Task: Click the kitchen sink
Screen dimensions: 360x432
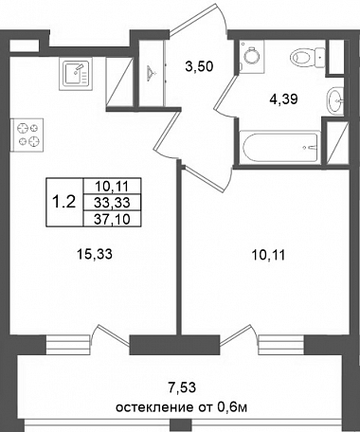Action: click(76, 74)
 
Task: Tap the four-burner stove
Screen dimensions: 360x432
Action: click(27, 135)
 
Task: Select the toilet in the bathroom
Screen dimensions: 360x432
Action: click(308, 58)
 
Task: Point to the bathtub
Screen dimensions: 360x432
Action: click(280, 148)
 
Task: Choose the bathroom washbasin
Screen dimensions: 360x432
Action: click(334, 100)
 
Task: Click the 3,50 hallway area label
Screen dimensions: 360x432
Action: click(199, 66)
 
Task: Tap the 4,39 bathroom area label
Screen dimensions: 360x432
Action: click(283, 99)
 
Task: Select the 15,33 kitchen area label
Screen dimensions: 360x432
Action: click(95, 254)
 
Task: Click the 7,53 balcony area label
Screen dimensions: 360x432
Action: click(182, 387)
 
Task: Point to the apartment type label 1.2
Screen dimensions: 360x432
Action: click(64, 202)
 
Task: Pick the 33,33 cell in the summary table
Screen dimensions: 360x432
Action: click(112, 203)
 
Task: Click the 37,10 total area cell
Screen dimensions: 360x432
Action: click(112, 219)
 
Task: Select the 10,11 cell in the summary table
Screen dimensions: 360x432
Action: click(112, 187)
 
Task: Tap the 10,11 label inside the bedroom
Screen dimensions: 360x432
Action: click(268, 255)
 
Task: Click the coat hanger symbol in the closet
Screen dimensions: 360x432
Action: click(152, 72)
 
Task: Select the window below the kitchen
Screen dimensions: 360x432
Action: click(69, 345)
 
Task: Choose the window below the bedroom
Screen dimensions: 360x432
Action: click(281, 345)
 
